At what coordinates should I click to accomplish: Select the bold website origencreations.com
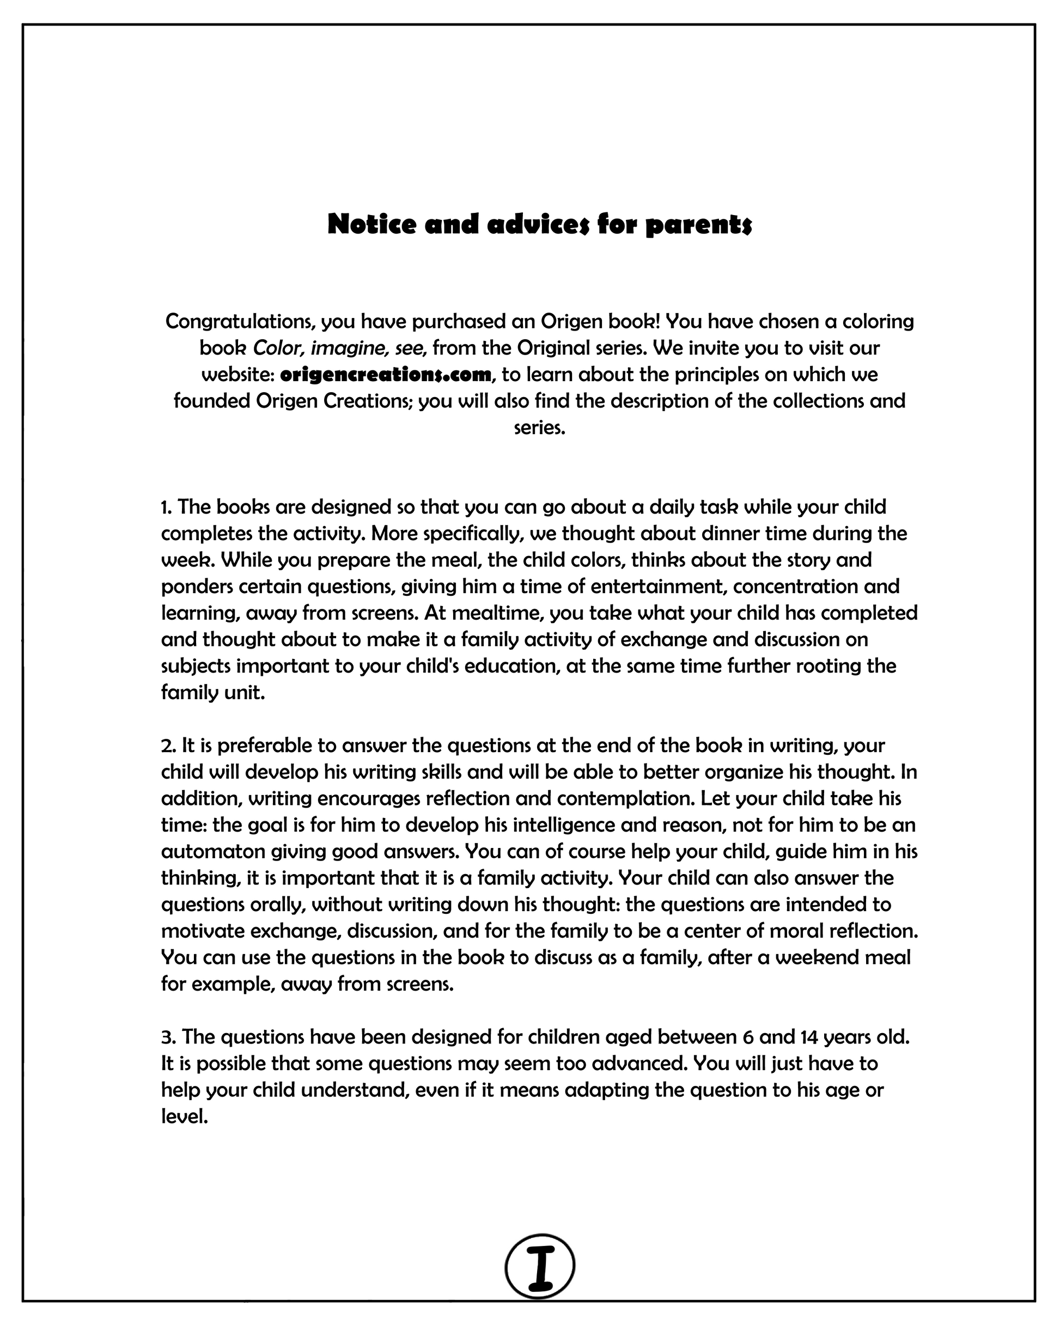pyautogui.click(x=386, y=374)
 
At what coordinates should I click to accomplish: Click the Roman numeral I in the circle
pyautogui.click(x=540, y=1266)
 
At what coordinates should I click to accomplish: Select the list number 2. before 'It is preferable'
pyautogui.click(x=168, y=746)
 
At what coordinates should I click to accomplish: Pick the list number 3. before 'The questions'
pyautogui.click(x=168, y=1037)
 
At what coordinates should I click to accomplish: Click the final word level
pyautogui.click(x=185, y=1116)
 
